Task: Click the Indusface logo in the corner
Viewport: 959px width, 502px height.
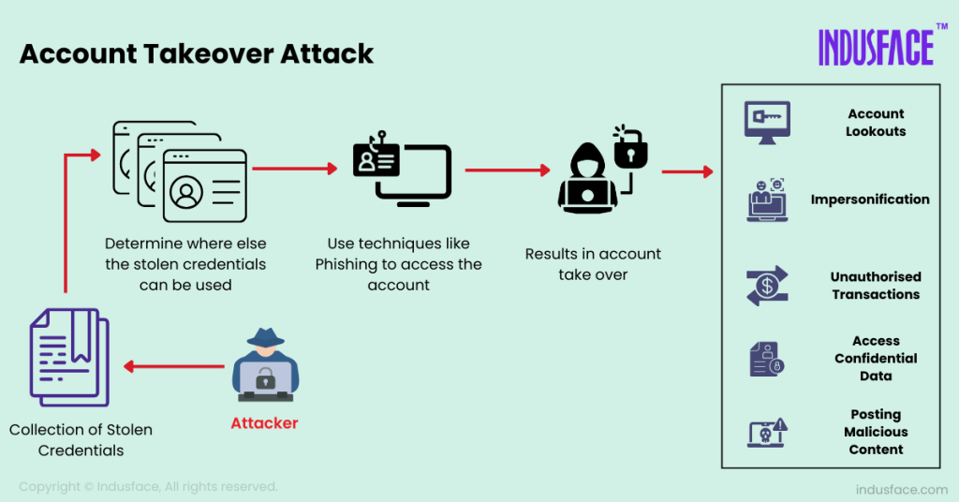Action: point(876,47)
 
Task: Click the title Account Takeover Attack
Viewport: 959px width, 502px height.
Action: point(197,53)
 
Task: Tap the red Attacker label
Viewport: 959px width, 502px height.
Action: point(264,423)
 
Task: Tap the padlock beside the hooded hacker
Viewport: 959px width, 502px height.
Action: point(630,148)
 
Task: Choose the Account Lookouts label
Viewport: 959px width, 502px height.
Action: point(876,123)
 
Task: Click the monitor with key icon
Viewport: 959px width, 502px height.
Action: point(767,123)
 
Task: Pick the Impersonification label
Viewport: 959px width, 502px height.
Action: point(870,199)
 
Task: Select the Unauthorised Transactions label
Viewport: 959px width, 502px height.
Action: point(876,286)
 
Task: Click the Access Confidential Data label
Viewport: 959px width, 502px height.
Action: point(876,359)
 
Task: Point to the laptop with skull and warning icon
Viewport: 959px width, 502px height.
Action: point(767,433)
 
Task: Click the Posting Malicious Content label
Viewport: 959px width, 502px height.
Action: point(876,432)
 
